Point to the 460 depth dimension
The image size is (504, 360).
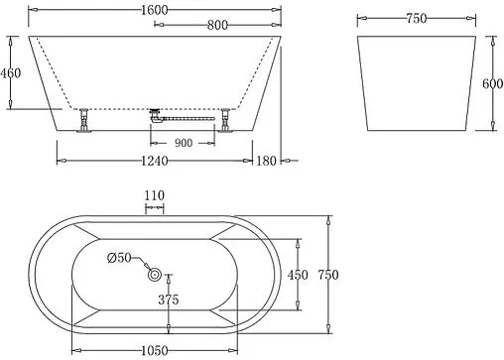pos(11,73)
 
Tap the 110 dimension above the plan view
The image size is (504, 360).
pos(155,196)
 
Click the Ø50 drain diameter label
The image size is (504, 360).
pos(120,258)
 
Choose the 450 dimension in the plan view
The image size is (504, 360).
pos(297,275)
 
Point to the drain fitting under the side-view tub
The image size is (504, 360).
pos(156,115)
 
